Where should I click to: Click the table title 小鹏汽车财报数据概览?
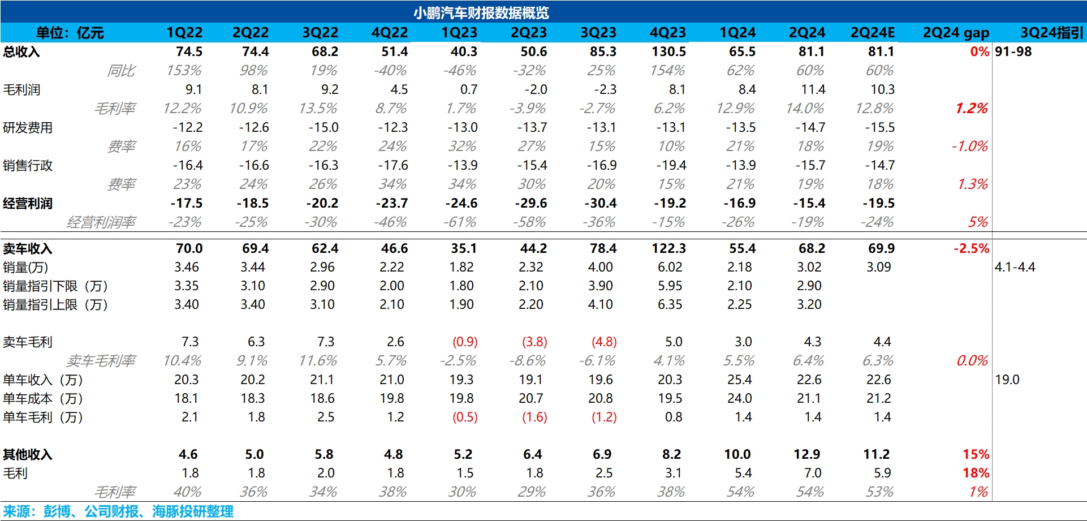point(481,12)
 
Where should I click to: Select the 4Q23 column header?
point(667,33)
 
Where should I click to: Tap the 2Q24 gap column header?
point(956,33)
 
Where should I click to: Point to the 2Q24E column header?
point(873,33)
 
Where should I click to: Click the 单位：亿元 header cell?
point(70,33)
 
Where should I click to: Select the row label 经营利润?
point(28,204)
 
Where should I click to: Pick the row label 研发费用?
point(28,128)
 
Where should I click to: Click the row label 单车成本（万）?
point(43,399)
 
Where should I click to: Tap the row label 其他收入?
point(28,455)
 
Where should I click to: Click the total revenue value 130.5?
point(668,52)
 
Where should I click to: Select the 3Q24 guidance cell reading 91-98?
point(1013,52)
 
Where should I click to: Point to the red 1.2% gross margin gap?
point(971,109)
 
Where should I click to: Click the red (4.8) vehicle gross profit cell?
point(604,342)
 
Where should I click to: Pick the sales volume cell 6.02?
point(670,267)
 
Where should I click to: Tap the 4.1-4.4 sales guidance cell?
point(1015,267)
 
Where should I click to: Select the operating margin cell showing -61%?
point(460,222)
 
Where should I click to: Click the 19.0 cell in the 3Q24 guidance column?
point(1007,380)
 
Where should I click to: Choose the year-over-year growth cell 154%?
point(667,71)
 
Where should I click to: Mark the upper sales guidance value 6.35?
point(670,305)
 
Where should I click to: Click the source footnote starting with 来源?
point(118,512)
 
